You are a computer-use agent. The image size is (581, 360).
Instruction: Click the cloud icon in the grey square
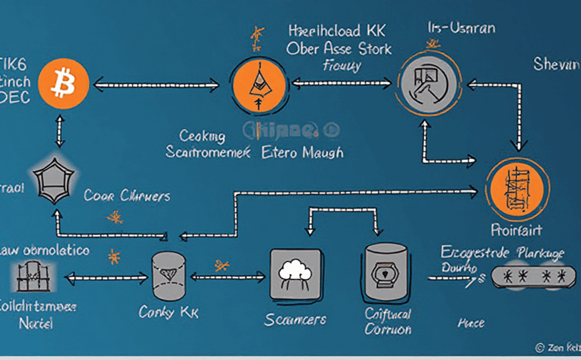tap(294, 273)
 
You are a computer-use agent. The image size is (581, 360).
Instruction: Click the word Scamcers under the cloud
tap(295, 319)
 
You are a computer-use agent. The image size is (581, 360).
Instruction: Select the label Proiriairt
tap(516, 229)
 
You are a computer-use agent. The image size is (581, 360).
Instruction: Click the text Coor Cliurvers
tap(127, 196)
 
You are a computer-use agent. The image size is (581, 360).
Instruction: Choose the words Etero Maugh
tap(302, 151)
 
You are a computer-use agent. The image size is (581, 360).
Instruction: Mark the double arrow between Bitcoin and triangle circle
tap(156, 83)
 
